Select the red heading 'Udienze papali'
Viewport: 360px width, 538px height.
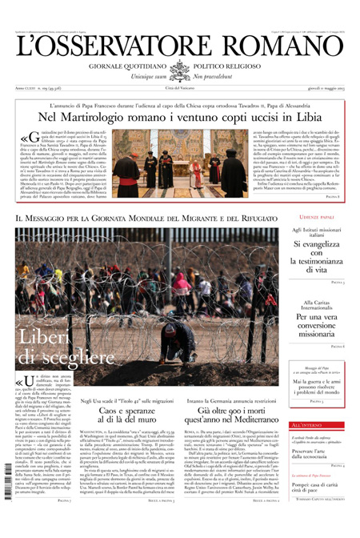click(x=314, y=238)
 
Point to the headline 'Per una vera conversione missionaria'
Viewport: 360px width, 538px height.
click(x=314, y=344)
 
